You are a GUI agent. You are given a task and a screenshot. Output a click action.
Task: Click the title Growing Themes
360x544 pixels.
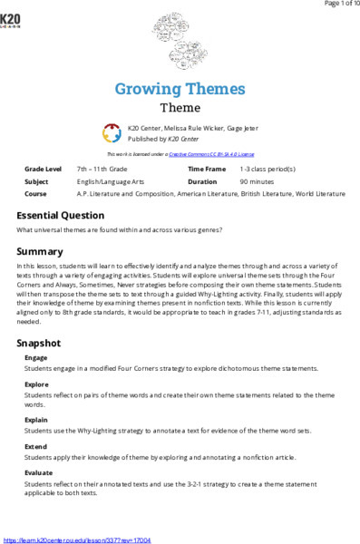coord(180,89)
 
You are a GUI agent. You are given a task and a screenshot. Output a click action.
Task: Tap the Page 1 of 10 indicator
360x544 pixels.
coord(340,5)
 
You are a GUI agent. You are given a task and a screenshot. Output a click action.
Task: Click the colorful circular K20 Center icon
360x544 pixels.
coord(112,133)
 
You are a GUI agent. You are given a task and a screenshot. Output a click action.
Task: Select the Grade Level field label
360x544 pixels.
coord(43,170)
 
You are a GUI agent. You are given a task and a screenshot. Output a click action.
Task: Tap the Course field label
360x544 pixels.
coord(35,193)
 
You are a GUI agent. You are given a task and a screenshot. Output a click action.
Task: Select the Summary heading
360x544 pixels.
coord(40,250)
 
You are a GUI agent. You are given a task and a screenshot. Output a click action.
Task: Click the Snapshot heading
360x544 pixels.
coord(42,344)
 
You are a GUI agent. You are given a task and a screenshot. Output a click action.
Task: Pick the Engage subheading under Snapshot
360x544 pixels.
coord(36,358)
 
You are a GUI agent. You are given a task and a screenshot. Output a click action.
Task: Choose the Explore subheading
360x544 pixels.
coord(37,384)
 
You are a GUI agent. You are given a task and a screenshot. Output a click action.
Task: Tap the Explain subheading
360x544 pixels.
coord(37,422)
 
